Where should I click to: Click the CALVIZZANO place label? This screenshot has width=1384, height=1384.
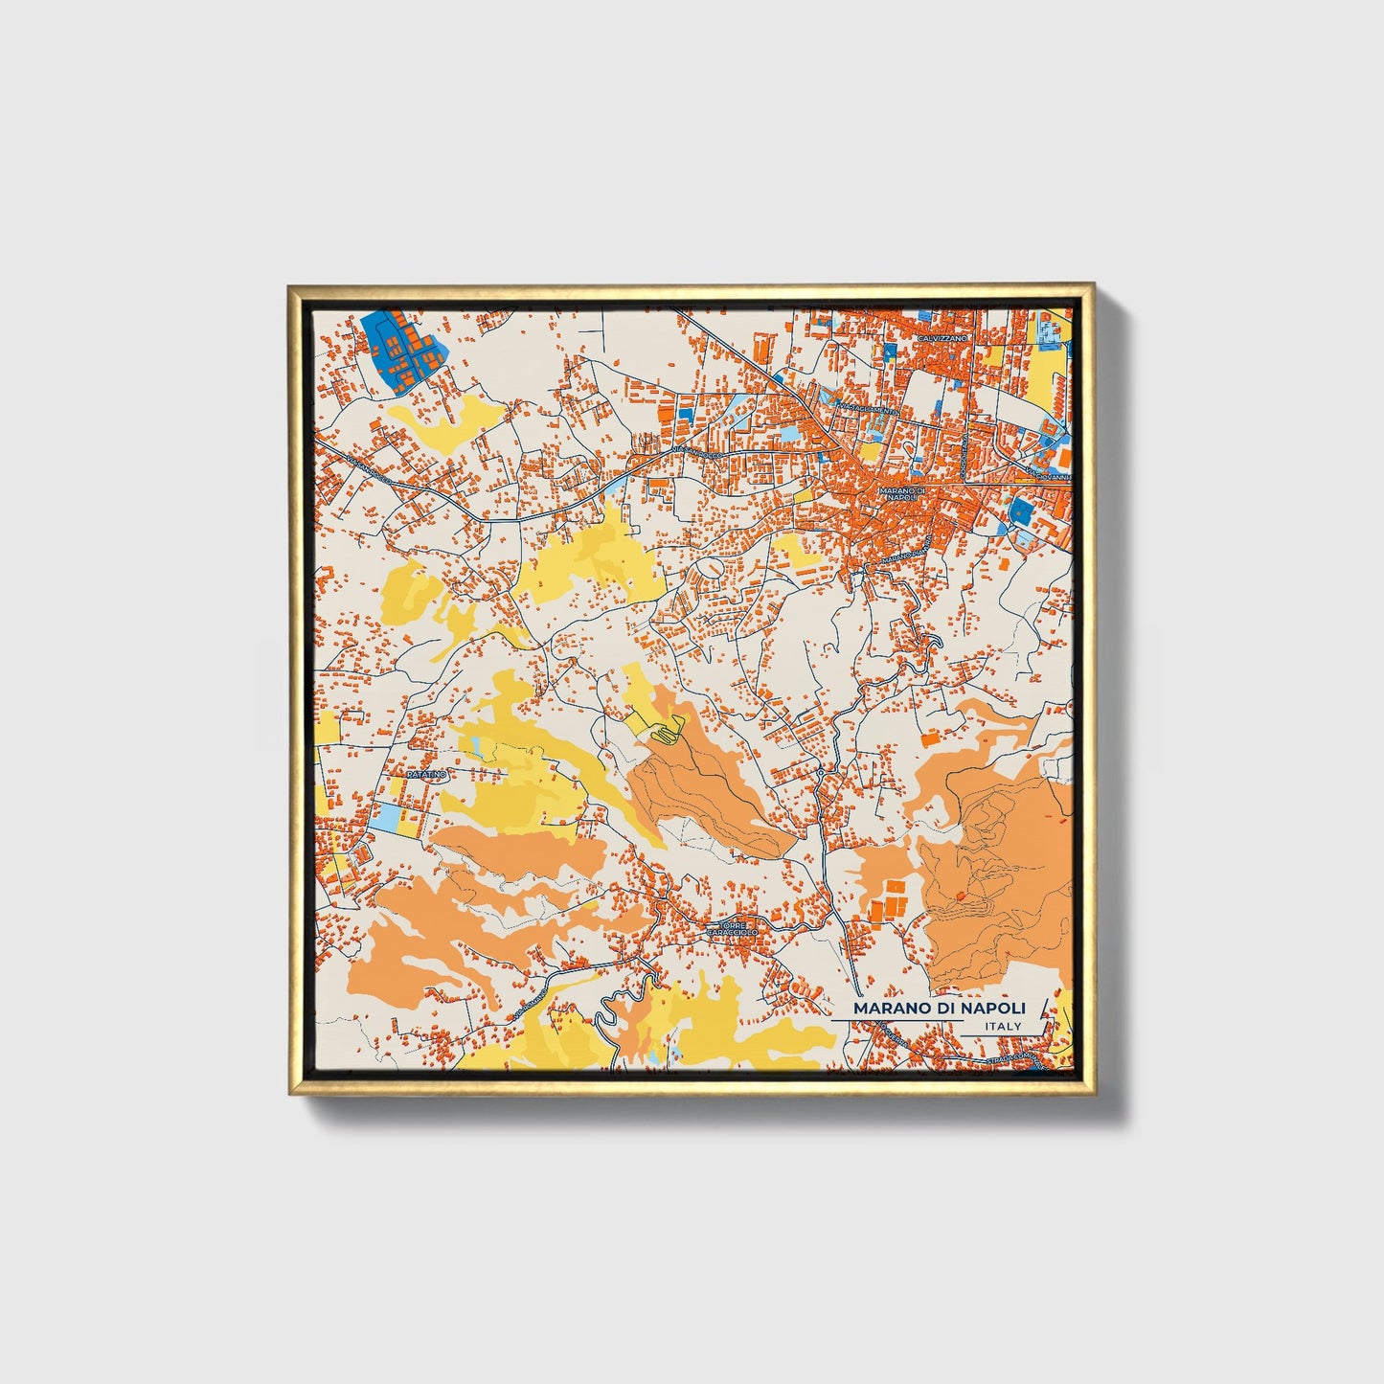[x=943, y=338]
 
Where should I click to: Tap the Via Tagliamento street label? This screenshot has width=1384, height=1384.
[x=866, y=410]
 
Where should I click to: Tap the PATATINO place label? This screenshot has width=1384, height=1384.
[x=425, y=772]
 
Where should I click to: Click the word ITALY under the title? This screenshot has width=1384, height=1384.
[x=1003, y=1026]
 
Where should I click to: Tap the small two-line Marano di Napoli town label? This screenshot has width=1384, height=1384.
[x=897, y=493]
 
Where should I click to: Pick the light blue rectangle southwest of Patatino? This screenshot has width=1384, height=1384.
[x=384, y=818]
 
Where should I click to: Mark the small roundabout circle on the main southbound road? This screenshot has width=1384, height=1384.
[x=821, y=771]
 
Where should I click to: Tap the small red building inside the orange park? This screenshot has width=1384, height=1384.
[x=960, y=896]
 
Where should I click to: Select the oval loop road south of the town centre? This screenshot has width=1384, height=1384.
[x=710, y=573]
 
